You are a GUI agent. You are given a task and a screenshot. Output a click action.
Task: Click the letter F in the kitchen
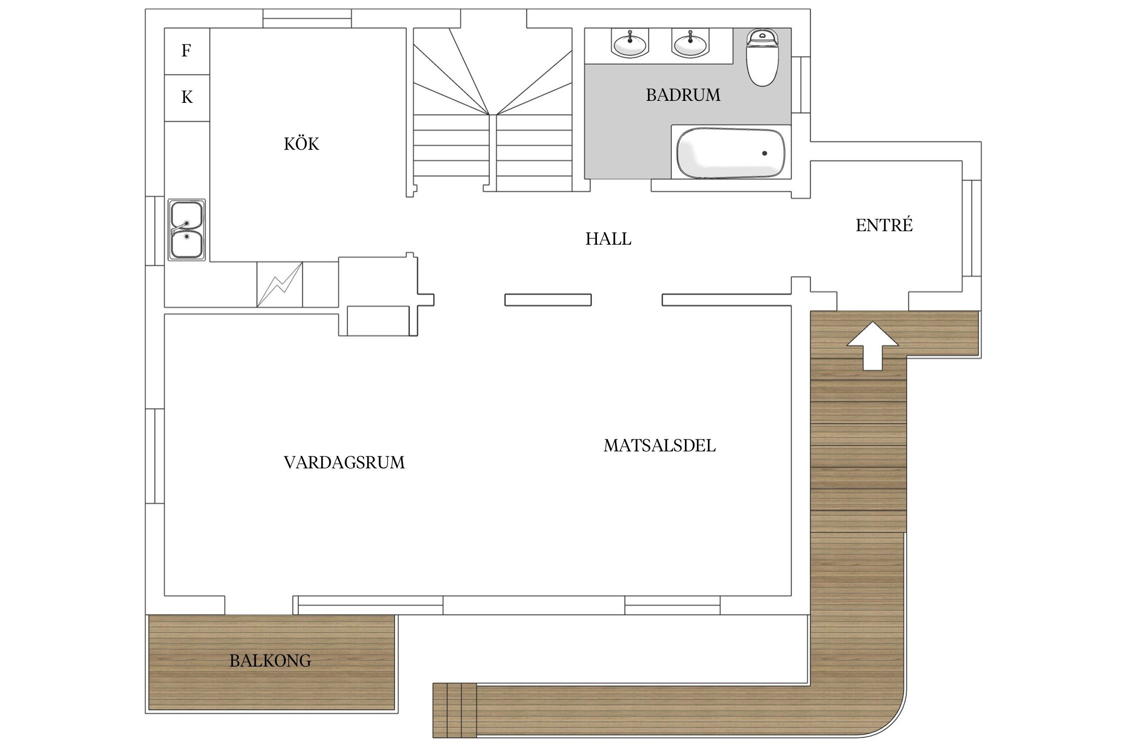click(x=186, y=50)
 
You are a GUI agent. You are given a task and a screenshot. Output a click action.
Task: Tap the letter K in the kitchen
click(x=187, y=97)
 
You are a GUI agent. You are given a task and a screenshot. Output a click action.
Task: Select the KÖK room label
click(x=301, y=144)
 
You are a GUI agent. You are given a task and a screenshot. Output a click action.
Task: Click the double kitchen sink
click(x=186, y=230)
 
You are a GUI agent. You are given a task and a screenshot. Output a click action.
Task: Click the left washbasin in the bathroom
click(x=629, y=43)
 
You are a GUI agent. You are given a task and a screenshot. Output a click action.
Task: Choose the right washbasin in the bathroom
click(x=690, y=43)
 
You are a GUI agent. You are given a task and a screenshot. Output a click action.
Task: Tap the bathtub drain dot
click(x=764, y=153)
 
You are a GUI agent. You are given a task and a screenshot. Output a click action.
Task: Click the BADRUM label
click(x=683, y=95)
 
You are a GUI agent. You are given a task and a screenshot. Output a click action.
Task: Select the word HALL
click(x=608, y=239)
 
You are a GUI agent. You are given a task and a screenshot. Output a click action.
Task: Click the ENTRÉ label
click(x=884, y=225)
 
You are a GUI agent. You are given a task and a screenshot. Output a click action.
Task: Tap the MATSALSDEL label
click(x=659, y=445)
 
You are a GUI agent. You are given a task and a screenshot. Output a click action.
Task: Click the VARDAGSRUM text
click(x=344, y=462)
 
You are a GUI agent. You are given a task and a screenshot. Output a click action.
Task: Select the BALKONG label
click(x=270, y=661)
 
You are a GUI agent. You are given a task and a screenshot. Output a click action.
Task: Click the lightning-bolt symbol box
click(x=279, y=285)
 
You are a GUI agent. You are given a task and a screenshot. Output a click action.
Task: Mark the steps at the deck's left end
click(x=454, y=710)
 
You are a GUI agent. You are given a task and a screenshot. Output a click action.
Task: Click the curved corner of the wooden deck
click(x=887, y=719)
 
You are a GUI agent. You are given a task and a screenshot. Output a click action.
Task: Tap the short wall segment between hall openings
click(x=548, y=300)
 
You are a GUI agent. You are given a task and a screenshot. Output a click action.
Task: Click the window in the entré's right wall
click(x=972, y=228)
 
